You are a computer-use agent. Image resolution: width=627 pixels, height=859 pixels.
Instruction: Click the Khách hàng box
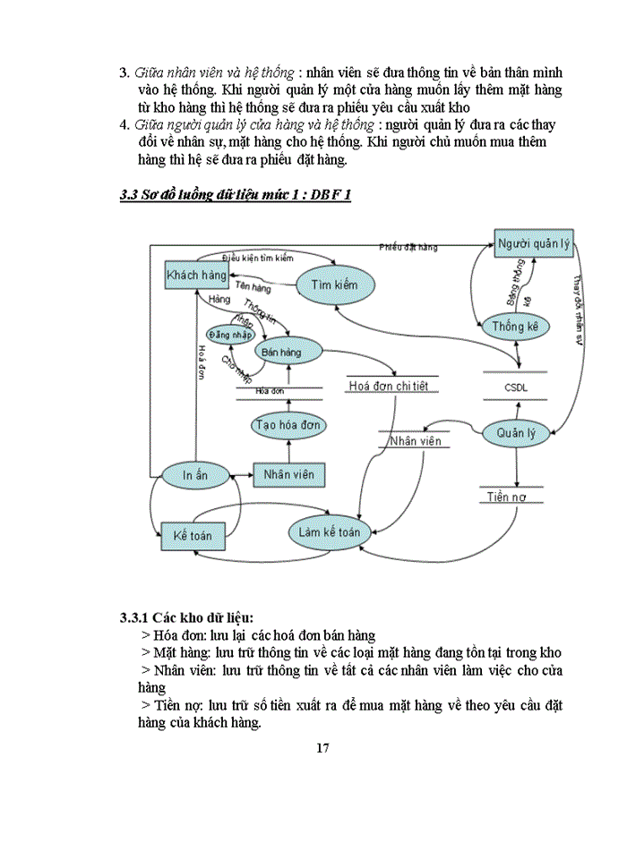click(x=196, y=276)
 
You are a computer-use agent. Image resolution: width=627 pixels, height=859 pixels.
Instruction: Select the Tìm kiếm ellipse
click(x=333, y=285)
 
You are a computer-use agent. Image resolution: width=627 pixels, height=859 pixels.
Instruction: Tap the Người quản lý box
click(x=533, y=244)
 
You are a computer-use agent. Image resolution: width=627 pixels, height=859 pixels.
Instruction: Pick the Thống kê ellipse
click(x=514, y=327)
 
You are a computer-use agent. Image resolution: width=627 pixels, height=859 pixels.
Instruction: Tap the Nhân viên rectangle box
click(x=288, y=474)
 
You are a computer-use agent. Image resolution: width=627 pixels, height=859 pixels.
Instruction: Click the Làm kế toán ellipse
click(x=329, y=532)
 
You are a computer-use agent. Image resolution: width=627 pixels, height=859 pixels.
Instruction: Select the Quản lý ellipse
click(x=514, y=434)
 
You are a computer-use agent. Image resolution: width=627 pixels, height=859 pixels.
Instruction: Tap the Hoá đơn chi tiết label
click(x=391, y=387)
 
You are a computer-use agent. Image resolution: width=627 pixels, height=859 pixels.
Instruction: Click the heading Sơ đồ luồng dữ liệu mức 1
click(x=235, y=195)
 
